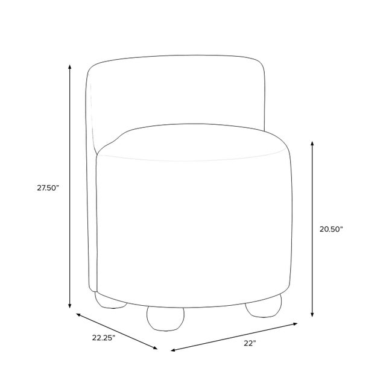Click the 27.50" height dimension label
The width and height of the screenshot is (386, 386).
coord(48,188)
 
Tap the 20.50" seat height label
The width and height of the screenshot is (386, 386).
coord(331,229)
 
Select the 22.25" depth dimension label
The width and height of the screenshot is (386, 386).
coord(104,338)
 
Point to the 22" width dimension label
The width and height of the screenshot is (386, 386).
coord(250,343)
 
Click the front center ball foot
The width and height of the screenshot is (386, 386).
coord(165,318)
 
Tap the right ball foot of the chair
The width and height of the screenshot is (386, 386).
coord(264,306)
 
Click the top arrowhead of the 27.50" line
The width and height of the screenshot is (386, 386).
coord(70,67)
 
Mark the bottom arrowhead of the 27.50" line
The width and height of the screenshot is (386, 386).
coord(70,306)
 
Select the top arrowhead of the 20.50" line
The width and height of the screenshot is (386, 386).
coord(312,144)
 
